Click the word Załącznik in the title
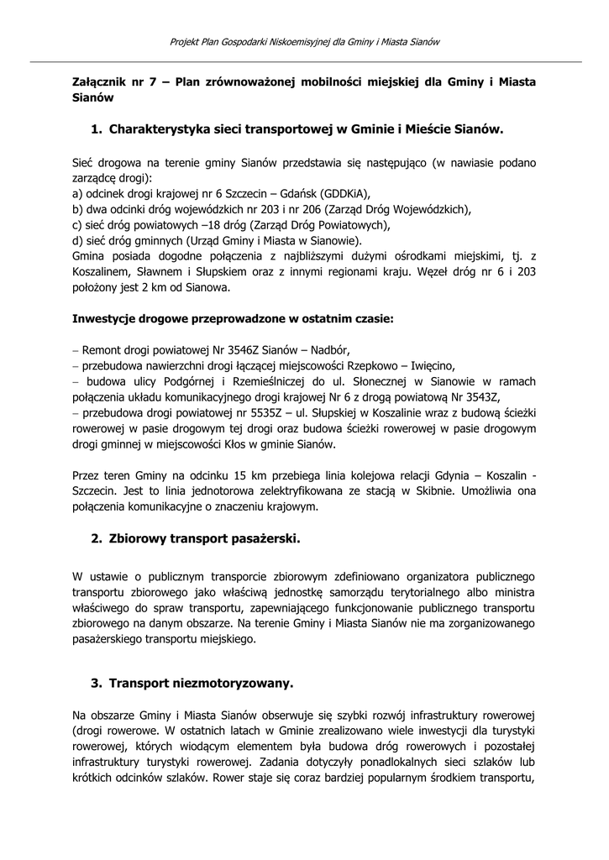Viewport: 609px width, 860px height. (97, 82)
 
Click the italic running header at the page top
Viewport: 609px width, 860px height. (305, 41)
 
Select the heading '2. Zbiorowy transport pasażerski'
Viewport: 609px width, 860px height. (195, 539)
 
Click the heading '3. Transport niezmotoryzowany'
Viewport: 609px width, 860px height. (192, 683)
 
